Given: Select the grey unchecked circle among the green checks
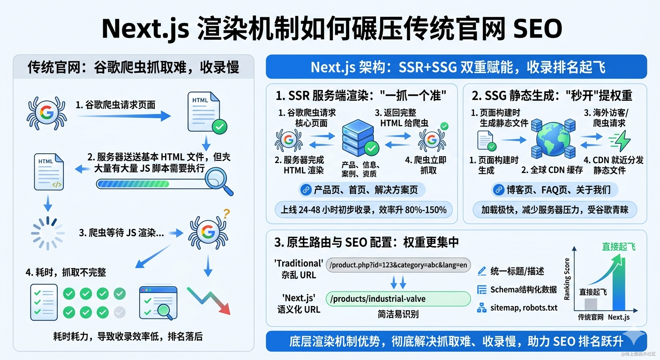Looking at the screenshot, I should (x=120, y=312).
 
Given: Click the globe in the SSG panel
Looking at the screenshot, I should (x=553, y=138).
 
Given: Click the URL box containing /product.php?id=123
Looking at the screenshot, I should (x=398, y=265).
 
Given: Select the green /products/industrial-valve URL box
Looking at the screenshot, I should (x=398, y=299).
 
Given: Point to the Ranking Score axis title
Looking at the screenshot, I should (x=567, y=279).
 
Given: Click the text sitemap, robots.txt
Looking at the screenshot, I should (x=524, y=307).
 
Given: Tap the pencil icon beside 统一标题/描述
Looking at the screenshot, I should (x=481, y=271).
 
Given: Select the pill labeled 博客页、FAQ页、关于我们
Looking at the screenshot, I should (x=554, y=190).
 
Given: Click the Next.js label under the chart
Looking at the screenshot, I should (x=618, y=317).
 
